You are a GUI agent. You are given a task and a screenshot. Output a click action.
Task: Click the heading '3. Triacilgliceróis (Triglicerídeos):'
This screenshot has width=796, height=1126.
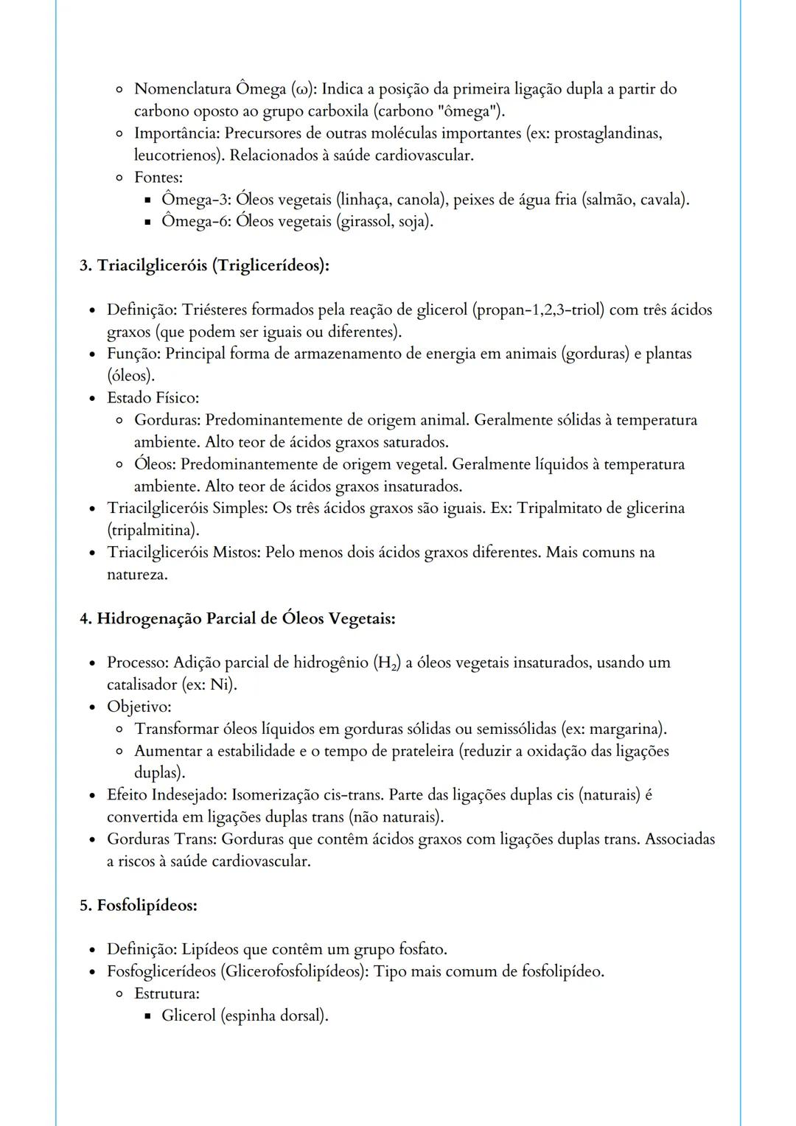(204, 265)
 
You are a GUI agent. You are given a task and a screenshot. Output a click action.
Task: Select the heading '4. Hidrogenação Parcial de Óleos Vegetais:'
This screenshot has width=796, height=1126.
(237, 618)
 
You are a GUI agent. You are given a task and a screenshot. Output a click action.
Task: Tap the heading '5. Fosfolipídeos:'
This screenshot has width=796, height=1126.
(139, 905)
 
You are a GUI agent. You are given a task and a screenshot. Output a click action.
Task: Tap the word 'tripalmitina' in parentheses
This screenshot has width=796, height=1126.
(153, 530)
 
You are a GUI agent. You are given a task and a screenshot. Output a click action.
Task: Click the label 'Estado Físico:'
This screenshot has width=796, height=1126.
(153, 398)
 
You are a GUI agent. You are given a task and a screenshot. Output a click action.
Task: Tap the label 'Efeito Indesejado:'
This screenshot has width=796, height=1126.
(167, 795)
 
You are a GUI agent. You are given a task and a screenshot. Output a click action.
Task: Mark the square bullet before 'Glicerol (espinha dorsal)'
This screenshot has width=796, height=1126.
(147, 1016)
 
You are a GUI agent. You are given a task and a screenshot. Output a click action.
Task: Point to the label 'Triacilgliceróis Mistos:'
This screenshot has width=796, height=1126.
(184, 553)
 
